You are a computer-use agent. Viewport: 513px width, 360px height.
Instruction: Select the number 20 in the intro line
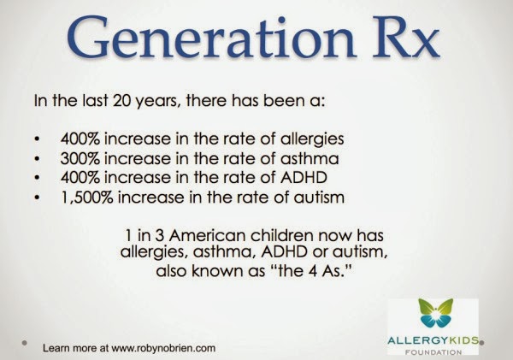[x=121, y=100]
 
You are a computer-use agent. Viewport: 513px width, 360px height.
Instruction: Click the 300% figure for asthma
[x=80, y=158]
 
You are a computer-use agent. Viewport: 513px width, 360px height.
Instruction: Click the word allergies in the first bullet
[x=312, y=139]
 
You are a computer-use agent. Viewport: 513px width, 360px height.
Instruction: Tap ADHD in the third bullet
[x=304, y=178]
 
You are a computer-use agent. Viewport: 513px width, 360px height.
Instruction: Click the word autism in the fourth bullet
[x=319, y=198]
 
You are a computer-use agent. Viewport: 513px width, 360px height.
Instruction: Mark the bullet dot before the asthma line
[x=38, y=159]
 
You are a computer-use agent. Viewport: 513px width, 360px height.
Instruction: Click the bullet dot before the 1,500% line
[x=38, y=198]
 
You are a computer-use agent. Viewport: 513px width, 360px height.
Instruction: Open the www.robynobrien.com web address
[x=163, y=348]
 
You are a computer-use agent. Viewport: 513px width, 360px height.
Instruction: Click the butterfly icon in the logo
[x=435, y=313]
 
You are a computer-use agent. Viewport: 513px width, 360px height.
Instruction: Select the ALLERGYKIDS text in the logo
[x=433, y=340]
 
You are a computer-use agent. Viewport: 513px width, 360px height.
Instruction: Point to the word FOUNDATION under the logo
[x=433, y=352]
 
